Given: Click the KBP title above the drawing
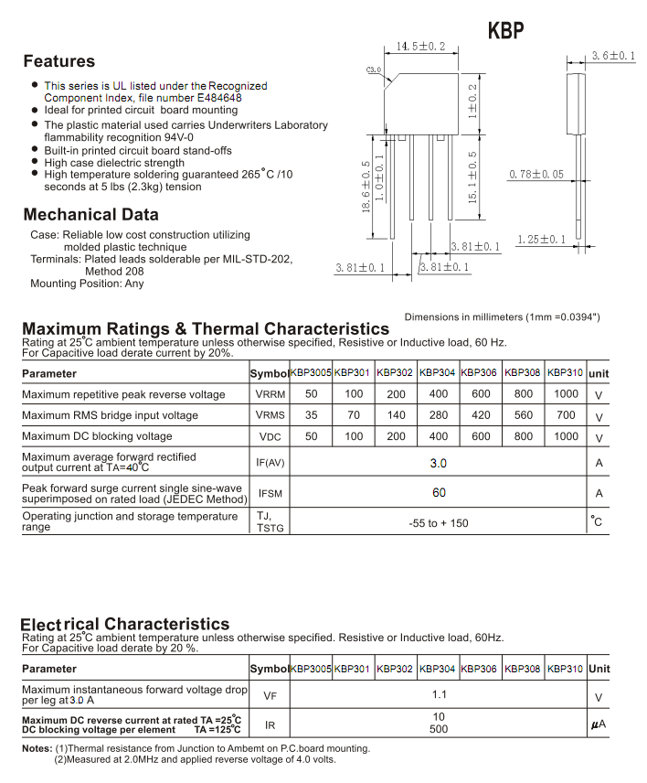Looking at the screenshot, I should [x=506, y=30].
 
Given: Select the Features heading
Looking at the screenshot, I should [x=58, y=61].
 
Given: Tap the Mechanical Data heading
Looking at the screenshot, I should [x=90, y=215].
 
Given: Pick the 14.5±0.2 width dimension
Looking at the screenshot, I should [x=420, y=46].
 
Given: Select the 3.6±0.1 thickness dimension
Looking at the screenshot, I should [x=612, y=56].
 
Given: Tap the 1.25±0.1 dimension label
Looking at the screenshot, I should [x=541, y=240].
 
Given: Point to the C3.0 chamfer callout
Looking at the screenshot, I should [x=373, y=70].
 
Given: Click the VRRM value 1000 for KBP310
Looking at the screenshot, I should [x=566, y=393].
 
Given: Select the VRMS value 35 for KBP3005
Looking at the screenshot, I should [x=312, y=414].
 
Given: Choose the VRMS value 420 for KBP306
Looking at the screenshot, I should [x=481, y=414].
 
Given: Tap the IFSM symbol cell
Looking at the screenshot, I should [x=270, y=493].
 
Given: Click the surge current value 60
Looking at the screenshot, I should [x=439, y=493].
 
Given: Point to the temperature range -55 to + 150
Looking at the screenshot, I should [x=439, y=523].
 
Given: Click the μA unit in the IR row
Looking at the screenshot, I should [x=599, y=724].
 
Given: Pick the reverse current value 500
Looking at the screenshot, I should [x=439, y=729].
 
